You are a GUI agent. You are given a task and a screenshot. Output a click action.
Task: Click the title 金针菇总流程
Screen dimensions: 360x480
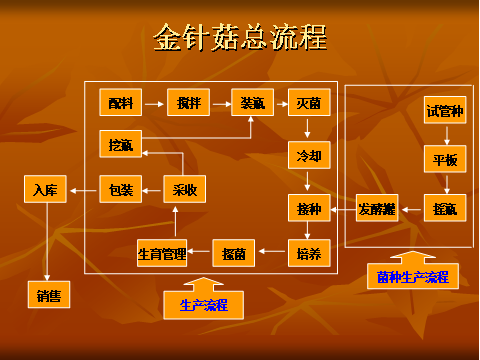click(x=240, y=38)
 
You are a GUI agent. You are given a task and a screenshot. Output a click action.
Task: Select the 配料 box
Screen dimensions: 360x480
click(x=121, y=102)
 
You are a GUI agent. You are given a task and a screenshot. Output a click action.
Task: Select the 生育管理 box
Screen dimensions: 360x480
click(x=162, y=254)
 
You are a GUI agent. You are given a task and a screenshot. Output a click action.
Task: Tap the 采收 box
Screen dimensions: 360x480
click(x=184, y=189)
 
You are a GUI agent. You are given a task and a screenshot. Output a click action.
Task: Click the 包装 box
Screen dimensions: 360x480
click(x=120, y=189)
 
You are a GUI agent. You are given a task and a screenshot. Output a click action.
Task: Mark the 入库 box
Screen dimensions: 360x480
click(x=45, y=189)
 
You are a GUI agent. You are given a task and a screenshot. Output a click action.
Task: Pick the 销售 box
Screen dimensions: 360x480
click(x=45, y=294)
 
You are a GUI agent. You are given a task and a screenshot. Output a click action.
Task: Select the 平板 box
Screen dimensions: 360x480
click(x=444, y=160)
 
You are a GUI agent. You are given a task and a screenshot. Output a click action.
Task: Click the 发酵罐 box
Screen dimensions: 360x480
click(x=377, y=209)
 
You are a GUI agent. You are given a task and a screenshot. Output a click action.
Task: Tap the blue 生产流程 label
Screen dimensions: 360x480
click(x=203, y=305)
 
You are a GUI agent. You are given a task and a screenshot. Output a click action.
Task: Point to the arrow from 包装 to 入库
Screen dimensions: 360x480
click(x=83, y=189)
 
